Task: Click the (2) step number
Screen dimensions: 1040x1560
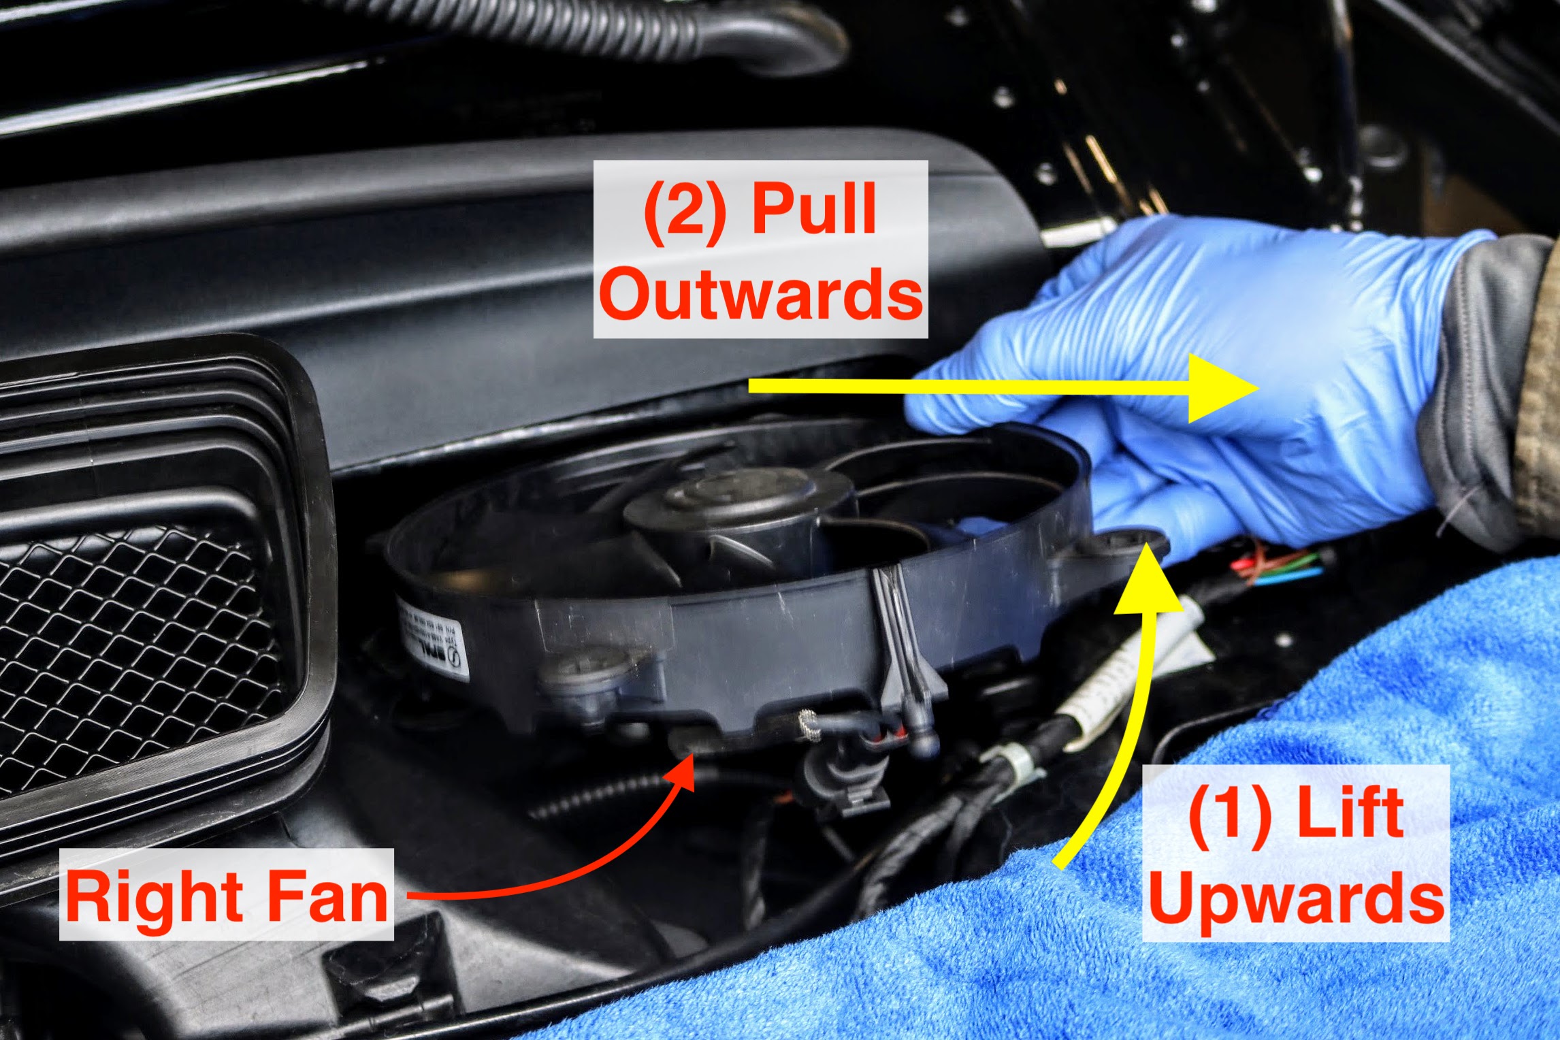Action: tap(684, 211)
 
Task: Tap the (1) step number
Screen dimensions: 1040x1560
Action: tap(1229, 813)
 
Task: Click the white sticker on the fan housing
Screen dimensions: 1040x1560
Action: tap(434, 638)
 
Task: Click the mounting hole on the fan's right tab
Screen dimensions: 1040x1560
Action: tap(1120, 542)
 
